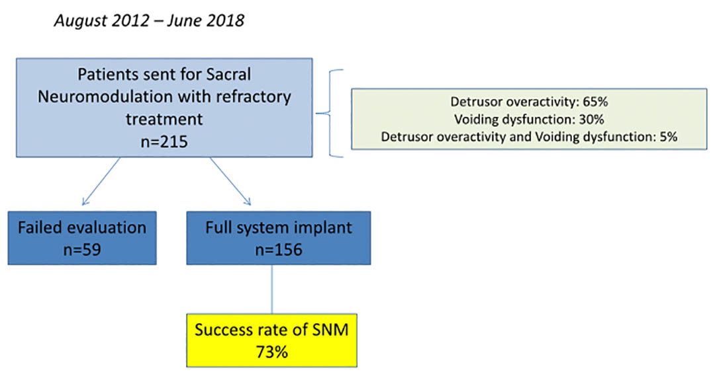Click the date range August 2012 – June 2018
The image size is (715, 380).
click(149, 21)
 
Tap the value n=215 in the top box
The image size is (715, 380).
click(164, 141)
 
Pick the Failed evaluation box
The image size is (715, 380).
click(82, 238)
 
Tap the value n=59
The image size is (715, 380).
click(82, 249)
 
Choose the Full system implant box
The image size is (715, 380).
click(279, 238)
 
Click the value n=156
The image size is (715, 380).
click(279, 249)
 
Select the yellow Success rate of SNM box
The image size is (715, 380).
click(272, 340)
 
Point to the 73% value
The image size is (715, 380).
click(272, 352)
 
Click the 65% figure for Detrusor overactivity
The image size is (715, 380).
click(595, 102)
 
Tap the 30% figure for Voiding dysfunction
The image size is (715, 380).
click(591, 119)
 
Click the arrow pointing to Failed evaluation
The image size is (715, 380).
click(101, 181)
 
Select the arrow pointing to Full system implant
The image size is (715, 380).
click(230, 181)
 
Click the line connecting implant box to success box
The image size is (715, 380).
click(272, 289)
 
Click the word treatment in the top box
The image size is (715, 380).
click(164, 119)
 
